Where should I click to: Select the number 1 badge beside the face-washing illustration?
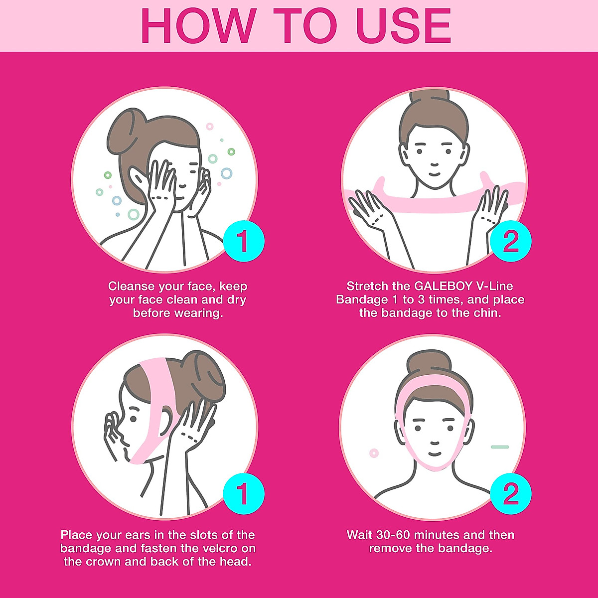(243, 242)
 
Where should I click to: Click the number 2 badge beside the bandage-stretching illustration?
(511, 242)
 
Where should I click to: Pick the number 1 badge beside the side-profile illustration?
(243, 495)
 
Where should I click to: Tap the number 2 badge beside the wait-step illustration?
(511, 495)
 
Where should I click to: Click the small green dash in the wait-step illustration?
(500, 447)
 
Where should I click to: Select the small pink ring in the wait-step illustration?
(374, 453)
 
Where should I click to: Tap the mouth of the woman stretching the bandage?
(434, 174)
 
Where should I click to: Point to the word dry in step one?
(236, 300)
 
